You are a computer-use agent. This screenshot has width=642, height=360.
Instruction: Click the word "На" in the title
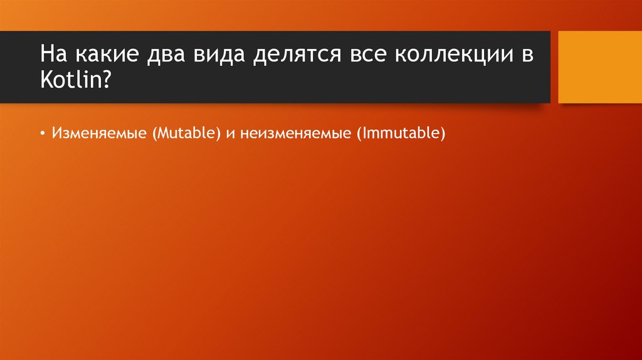[53, 55]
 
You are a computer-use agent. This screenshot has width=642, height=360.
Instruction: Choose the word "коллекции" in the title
[450, 55]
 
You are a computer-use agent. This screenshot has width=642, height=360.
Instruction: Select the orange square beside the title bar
[599, 67]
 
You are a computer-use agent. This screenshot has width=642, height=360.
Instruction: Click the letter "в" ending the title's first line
[526, 56]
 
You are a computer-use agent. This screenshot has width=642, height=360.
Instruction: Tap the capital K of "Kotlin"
[47, 81]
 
